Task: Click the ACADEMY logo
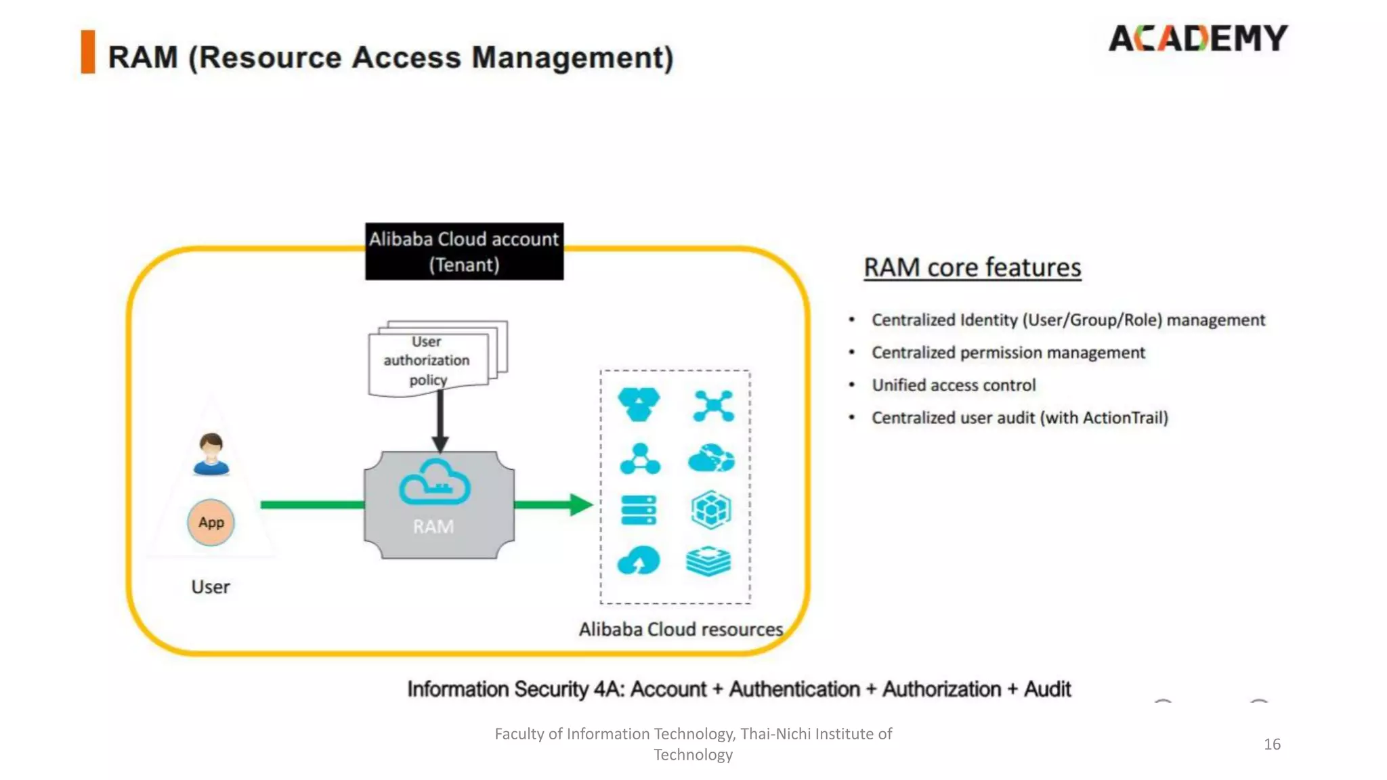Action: [x=1197, y=39]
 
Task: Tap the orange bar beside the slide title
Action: [x=88, y=52]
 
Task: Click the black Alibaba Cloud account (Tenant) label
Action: [x=464, y=251]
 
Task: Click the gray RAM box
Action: [x=439, y=528]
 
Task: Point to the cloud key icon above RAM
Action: [x=435, y=483]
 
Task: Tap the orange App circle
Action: [x=211, y=523]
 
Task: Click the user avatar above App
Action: [x=211, y=454]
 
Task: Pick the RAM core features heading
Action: [x=972, y=267]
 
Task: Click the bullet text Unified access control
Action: [x=954, y=385]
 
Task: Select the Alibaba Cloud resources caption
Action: [x=681, y=630]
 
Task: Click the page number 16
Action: [x=1272, y=744]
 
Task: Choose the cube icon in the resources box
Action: [x=710, y=510]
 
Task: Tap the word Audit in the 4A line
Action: [x=1047, y=689]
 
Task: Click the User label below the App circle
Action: [x=211, y=587]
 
